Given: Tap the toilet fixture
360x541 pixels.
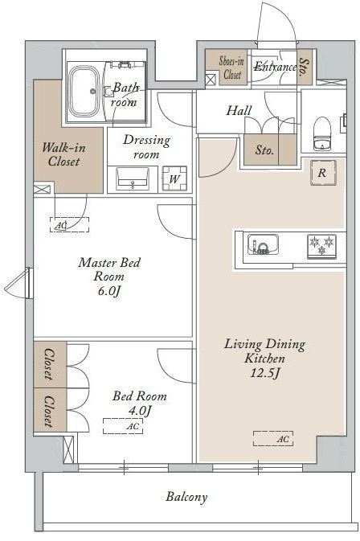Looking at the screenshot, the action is (323, 133).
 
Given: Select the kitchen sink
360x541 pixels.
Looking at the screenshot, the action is (264, 244).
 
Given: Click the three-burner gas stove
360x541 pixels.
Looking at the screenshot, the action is (321, 246).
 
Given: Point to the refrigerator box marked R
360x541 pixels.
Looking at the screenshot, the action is (323, 173).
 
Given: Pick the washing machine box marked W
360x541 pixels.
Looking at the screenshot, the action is (175, 178).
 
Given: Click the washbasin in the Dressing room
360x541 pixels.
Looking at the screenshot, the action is (133, 178).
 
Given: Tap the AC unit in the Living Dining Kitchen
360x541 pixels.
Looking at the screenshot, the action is (273, 439).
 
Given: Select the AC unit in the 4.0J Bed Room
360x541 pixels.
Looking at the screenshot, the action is (123, 426).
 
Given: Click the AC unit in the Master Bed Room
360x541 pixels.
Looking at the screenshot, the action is (69, 224).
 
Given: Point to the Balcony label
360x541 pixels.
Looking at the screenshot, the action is (186, 497).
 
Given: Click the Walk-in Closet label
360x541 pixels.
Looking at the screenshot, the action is (63, 154).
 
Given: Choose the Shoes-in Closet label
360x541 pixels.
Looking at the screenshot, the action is (231, 68).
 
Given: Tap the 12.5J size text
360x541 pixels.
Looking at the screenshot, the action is (264, 373).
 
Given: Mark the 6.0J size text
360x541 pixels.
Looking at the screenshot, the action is (109, 291).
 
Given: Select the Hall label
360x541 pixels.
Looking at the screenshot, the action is (239, 110).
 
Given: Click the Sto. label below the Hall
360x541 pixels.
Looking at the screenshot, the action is (264, 150).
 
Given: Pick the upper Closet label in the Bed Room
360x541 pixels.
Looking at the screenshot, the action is (49, 364).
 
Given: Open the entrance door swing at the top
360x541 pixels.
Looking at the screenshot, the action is (278, 22).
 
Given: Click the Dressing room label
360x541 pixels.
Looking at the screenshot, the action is (146, 147).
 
